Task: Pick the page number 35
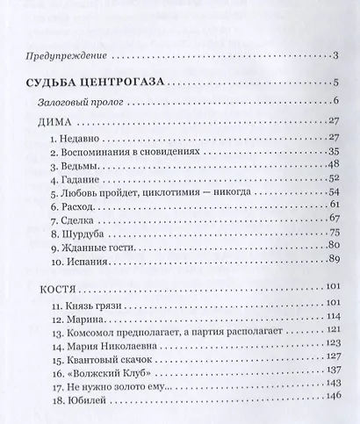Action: point(333,151)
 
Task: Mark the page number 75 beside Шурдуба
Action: point(333,233)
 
